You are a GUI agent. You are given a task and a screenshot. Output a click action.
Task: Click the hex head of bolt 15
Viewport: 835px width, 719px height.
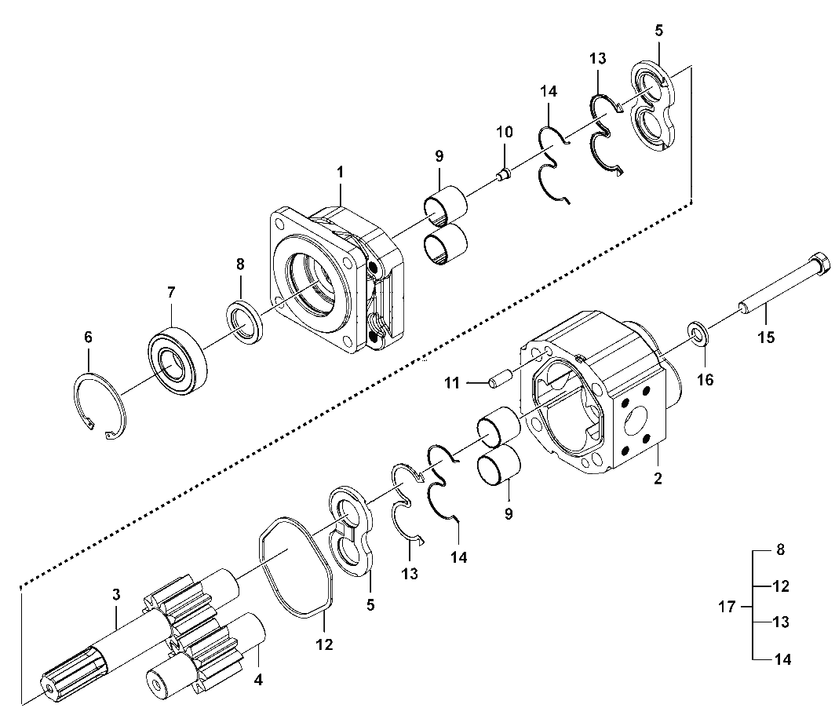pyautogui.click(x=819, y=265)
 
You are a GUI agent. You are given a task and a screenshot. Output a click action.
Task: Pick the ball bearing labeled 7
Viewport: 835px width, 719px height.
pyautogui.click(x=177, y=363)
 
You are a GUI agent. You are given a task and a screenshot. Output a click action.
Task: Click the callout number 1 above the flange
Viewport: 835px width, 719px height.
pyautogui.click(x=340, y=172)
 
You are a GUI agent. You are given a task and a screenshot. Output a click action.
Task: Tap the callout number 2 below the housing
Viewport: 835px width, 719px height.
pyautogui.click(x=658, y=478)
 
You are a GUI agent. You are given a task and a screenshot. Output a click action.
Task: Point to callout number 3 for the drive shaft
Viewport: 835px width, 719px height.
pyautogui.click(x=116, y=594)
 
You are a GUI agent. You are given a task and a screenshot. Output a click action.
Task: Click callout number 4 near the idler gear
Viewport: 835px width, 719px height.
pyautogui.click(x=258, y=680)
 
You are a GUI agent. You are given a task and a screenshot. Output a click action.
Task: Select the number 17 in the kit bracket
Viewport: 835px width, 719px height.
pyautogui.click(x=727, y=607)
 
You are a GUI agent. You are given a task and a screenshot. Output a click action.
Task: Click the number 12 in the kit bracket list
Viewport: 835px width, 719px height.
pyautogui.click(x=781, y=586)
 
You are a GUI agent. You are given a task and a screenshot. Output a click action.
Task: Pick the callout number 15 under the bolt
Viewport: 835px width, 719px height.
pyautogui.click(x=766, y=338)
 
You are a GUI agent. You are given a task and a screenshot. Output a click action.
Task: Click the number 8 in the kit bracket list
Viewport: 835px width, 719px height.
pyautogui.click(x=781, y=549)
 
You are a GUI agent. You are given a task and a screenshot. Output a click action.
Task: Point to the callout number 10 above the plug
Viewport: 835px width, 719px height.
pyautogui.click(x=505, y=132)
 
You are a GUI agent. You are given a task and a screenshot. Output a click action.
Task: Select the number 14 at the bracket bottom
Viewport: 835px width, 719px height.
pyautogui.click(x=782, y=659)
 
